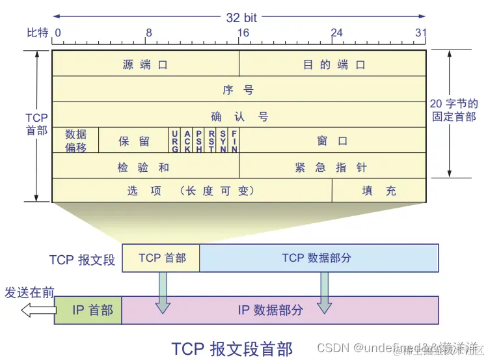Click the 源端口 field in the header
click(x=145, y=64)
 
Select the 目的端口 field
click(x=334, y=64)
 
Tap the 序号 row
click(x=238, y=90)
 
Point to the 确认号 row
click(x=238, y=116)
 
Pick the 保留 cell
click(x=134, y=141)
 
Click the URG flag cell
click(x=175, y=141)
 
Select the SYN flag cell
click(x=223, y=141)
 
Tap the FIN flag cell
click(x=234, y=141)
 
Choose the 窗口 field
click(x=332, y=141)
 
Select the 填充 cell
click(x=379, y=191)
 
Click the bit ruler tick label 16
click(x=243, y=33)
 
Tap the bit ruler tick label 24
click(x=336, y=33)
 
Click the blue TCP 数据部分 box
click(x=318, y=258)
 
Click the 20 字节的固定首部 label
click(x=454, y=110)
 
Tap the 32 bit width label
click(x=242, y=18)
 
